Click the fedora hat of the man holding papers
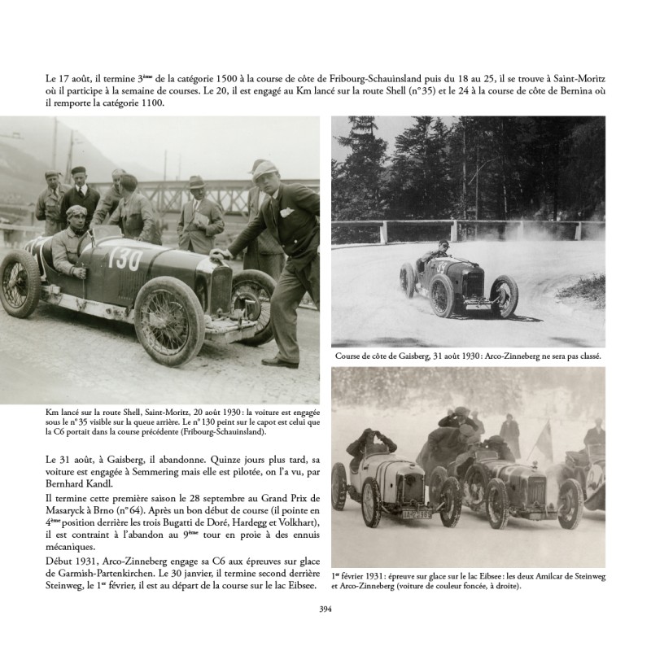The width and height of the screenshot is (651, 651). click(x=196, y=182)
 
